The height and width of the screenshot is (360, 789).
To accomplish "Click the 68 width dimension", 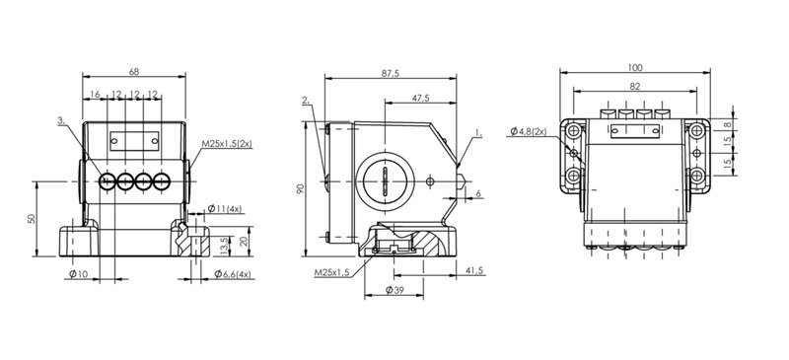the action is click(x=134, y=71).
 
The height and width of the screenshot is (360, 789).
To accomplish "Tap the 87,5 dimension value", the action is click(x=390, y=74).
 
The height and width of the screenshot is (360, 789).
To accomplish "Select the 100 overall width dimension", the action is click(x=635, y=68).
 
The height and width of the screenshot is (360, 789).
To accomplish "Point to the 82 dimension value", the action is click(x=635, y=87).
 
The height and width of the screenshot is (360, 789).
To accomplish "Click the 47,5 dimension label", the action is click(x=421, y=99).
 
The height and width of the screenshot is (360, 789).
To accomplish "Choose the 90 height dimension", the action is click(x=301, y=189).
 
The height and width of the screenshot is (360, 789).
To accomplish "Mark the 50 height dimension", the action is click(x=32, y=219).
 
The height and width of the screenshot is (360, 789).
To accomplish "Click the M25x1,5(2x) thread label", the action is click(x=227, y=144).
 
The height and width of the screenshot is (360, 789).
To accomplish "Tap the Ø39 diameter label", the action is click(x=394, y=290).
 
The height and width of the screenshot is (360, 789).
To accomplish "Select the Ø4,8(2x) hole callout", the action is click(x=528, y=131).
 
